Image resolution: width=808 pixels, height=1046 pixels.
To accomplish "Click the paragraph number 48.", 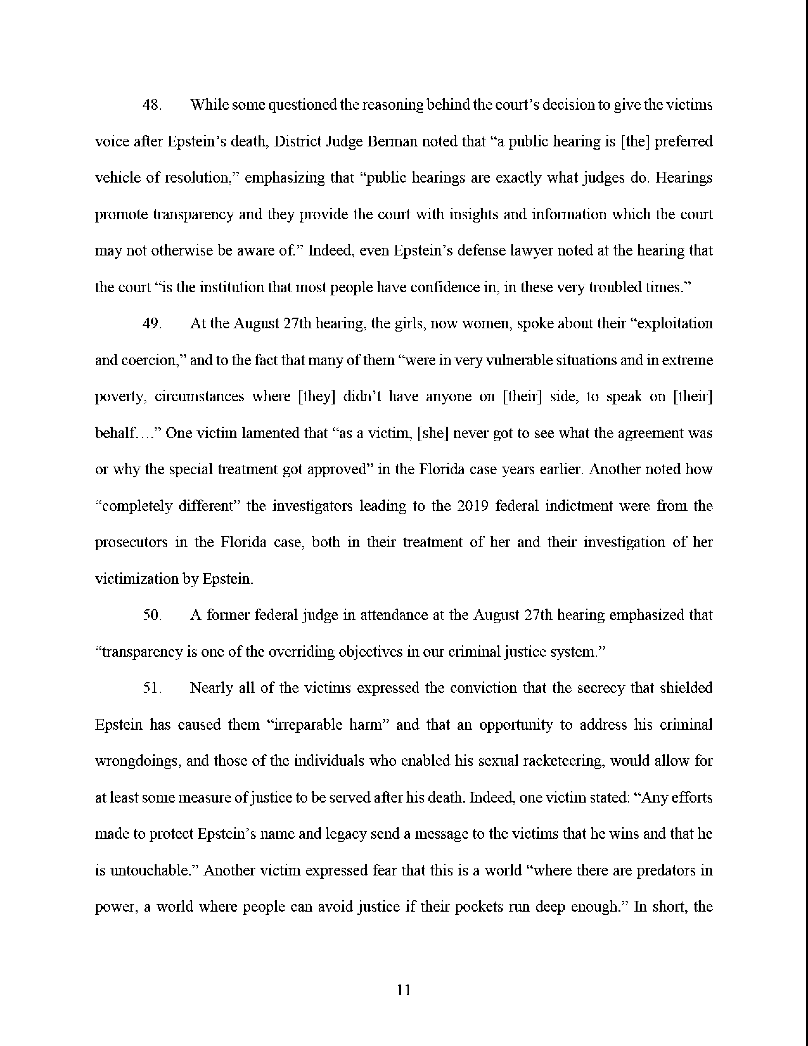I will [152, 105].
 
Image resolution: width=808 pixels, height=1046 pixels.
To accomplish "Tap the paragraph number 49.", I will [152, 324].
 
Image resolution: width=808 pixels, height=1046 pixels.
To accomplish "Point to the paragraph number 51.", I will [152, 688].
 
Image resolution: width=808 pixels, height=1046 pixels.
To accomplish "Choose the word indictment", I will [579, 506].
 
